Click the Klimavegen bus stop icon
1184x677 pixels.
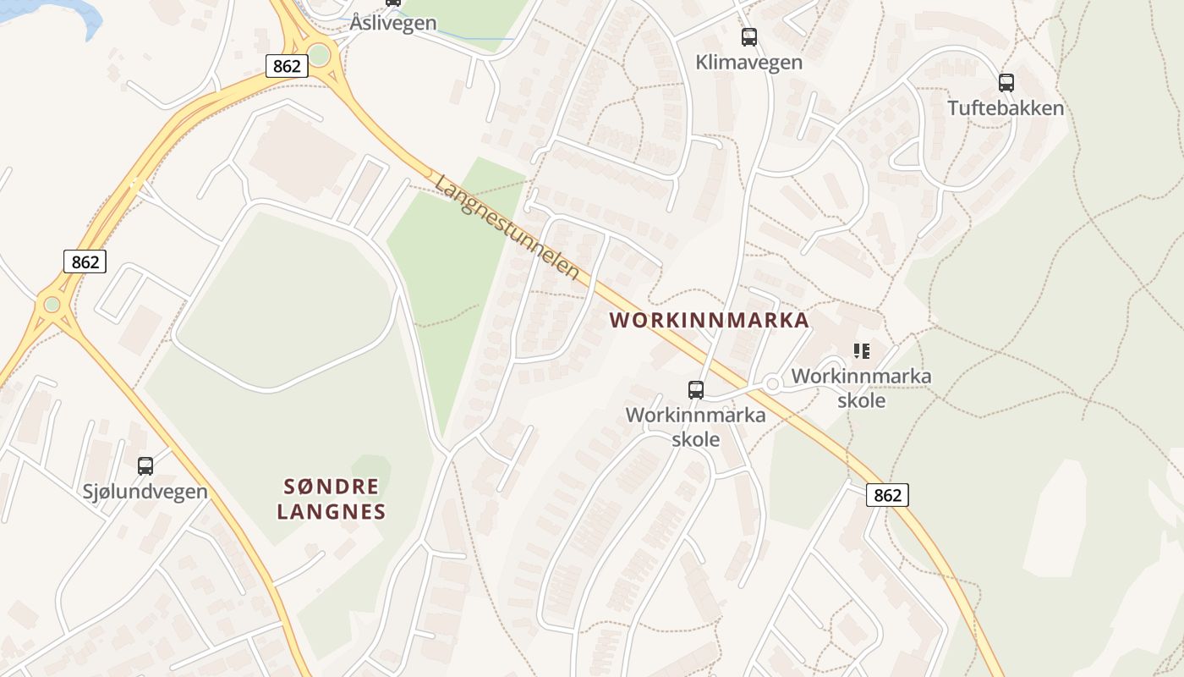pos(749,36)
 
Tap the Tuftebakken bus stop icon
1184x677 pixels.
pos(1006,82)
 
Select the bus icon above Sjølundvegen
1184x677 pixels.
pos(145,465)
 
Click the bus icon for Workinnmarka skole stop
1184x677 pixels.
pos(695,389)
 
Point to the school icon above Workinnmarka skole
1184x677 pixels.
pos(861,350)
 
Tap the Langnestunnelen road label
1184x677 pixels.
pos(507,228)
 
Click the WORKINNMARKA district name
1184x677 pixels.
pos(709,321)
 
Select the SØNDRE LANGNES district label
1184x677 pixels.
pos(332,498)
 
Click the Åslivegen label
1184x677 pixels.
pos(393,23)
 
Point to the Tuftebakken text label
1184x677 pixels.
pos(1006,108)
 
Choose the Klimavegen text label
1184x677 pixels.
pos(749,62)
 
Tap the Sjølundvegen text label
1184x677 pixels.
pos(145,492)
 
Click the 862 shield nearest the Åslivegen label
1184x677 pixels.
pos(286,65)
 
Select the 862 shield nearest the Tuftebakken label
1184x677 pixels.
pos(887,495)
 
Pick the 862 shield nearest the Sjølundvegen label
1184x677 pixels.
pos(85,261)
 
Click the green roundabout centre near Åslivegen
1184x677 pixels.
pos(319,55)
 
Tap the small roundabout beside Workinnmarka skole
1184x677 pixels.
pos(771,384)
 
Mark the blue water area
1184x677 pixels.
pos(51,8)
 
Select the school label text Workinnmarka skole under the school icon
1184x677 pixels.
pos(861,388)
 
